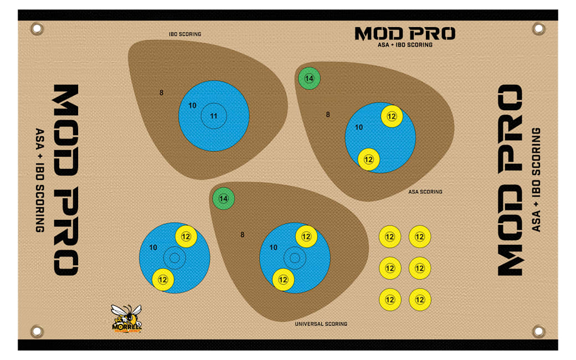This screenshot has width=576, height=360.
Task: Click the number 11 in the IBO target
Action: pyautogui.click(x=214, y=116)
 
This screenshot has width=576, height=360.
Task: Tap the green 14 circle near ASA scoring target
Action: pyautogui.click(x=309, y=79)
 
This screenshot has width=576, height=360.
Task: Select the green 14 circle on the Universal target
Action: pyautogui.click(x=224, y=198)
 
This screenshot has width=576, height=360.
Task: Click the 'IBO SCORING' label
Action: pyautogui.click(x=185, y=34)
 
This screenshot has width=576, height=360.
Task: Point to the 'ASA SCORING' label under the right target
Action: pyautogui.click(x=425, y=192)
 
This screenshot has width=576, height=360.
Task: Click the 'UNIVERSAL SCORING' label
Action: pyautogui.click(x=321, y=324)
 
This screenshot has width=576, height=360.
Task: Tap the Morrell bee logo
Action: pyautogui.click(x=127, y=319)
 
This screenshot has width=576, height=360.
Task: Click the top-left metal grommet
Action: pyautogui.click(x=37, y=28)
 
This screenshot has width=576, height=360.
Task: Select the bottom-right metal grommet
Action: pyautogui.click(x=538, y=331)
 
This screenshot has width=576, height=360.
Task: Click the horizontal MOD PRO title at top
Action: pyautogui.click(x=405, y=34)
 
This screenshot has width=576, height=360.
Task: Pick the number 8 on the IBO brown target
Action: pyautogui.click(x=162, y=92)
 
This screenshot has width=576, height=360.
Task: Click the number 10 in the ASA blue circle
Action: pyautogui.click(x=359, y=127)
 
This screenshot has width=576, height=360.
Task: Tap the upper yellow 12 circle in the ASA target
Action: pyautogui.click(x=392, y=116)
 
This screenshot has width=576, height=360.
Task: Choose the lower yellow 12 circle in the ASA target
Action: pyautogui.click(x=369, y=160)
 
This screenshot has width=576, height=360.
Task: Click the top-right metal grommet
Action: pyautogui.click(x=538, y=28)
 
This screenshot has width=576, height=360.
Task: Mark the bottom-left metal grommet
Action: pyautogui.click(x=37, y=331)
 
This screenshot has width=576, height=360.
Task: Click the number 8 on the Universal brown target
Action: pyautogui.click(x=243, y=235)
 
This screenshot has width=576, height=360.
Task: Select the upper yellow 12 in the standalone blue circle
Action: pyautogui.click(x=186, y=236)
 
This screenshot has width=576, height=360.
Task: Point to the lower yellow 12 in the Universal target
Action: pyautogui.click(x=283, y=280)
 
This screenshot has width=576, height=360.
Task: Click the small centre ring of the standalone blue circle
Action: pyautogui.click(x=174, y=258)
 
